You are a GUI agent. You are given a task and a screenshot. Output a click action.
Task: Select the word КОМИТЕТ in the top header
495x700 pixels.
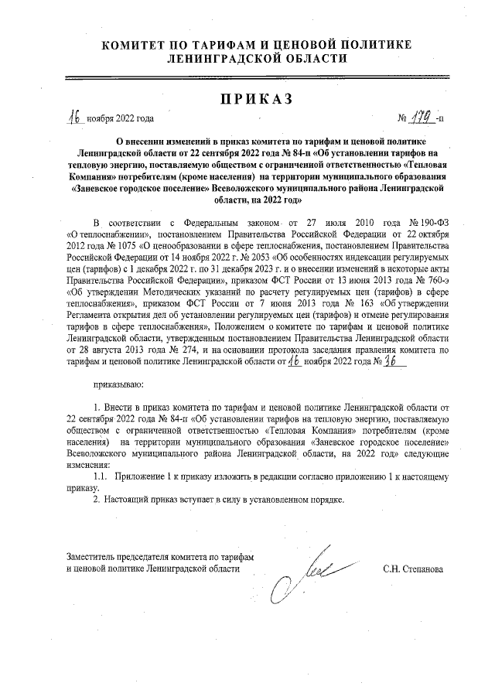(139, 46)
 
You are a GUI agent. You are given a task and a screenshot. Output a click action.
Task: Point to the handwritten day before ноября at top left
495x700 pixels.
(75, 118)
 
